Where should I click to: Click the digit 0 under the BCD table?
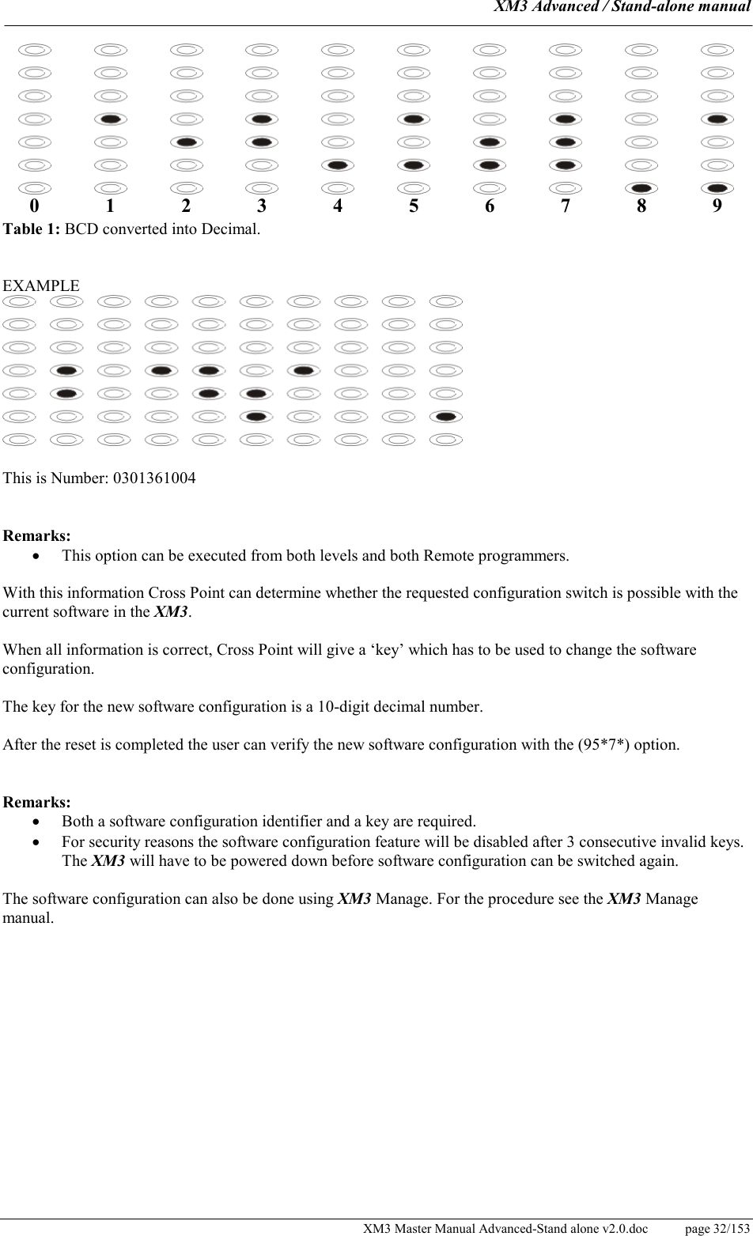[x=34, y=206]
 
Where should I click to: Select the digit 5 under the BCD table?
[x=414, y=206]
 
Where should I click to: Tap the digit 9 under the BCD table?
[x=717, y=206]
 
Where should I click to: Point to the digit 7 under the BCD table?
[x=565, y=206]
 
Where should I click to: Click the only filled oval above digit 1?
[x=110, y=119]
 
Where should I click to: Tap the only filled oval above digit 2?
[x=186, y=142]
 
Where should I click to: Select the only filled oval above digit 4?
[x=338, y=165]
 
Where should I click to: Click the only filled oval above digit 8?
[x=641, y=188]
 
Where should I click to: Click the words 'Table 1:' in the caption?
[x=32, y=230]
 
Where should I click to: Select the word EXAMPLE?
[x=41, y=285]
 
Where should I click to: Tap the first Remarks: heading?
[x=37, y=536]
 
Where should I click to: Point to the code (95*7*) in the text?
[x=607, y=745]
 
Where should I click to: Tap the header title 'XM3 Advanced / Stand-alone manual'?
[x=622, y=8]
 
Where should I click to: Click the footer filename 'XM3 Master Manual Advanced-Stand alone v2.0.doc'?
[x=505, y=1228]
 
